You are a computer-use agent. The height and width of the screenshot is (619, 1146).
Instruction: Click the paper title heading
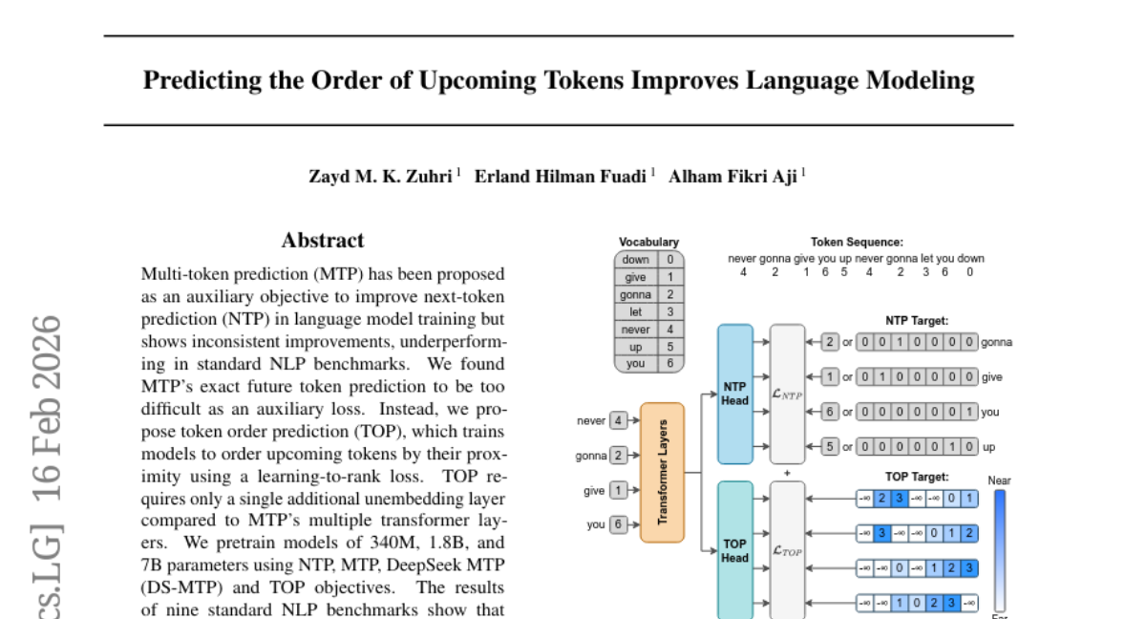tap(559, 80)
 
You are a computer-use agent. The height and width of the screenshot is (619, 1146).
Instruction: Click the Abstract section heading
tap(323, 241)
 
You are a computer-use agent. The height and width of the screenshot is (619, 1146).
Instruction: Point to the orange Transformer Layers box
tap(662, 472)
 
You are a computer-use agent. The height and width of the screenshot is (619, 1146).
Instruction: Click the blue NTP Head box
tap(734, 395)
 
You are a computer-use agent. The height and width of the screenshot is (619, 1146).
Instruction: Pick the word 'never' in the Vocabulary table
tap(635, 329)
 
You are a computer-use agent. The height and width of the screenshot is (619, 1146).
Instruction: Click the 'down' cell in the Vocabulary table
tap(636, 259)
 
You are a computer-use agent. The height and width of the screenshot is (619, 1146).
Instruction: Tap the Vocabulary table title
tap(648, 243)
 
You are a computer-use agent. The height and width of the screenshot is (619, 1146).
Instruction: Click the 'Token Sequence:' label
tap(857, 243)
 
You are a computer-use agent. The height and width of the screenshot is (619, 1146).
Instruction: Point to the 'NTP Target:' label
tap(917, 321)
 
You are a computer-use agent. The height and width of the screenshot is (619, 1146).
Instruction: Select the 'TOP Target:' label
tap(917, 476)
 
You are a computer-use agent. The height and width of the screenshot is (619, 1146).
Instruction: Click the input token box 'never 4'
tap(619, 420)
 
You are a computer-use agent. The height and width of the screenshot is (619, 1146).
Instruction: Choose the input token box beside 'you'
tap(619, 524)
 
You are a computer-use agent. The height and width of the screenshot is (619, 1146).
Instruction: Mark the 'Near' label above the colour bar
tap(999, 480)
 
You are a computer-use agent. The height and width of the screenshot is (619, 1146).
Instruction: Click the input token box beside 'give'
tap(619, 490)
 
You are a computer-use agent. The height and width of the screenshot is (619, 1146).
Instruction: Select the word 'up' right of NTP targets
tap(988, 446)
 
